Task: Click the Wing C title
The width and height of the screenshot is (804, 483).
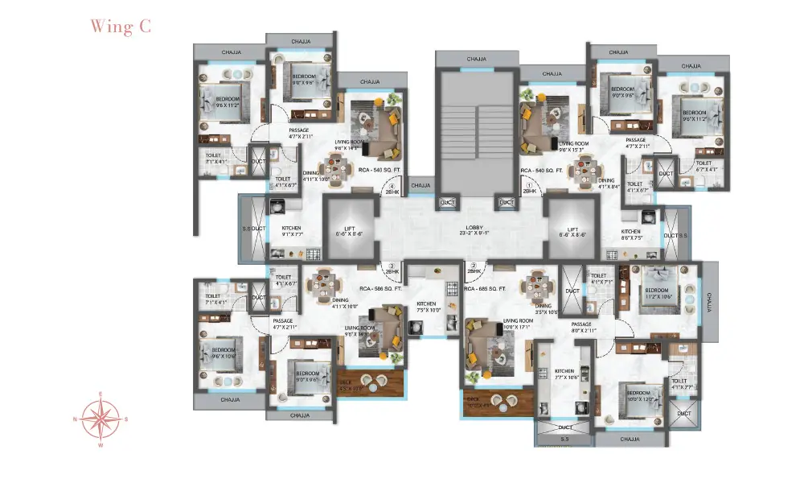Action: pyautogui.click(x=120, y=26)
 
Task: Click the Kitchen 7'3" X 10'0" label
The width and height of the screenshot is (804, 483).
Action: pyautogui.click(x=426, y=307)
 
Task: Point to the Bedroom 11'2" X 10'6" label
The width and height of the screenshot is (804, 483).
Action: pyautogui.click(x=656, y=294)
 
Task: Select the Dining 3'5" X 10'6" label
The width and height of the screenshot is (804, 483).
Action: pyautogui.click(x=544, y=309)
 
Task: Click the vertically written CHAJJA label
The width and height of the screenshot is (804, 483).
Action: pyautogui.click(x=710, y=300)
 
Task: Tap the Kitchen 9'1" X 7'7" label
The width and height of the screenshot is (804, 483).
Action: pyautogui.click(x=291, y=232)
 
